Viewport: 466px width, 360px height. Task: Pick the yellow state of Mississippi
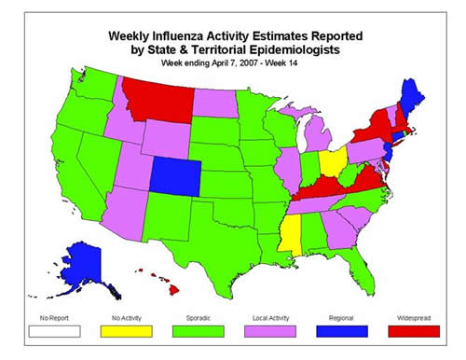pos(293,234)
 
